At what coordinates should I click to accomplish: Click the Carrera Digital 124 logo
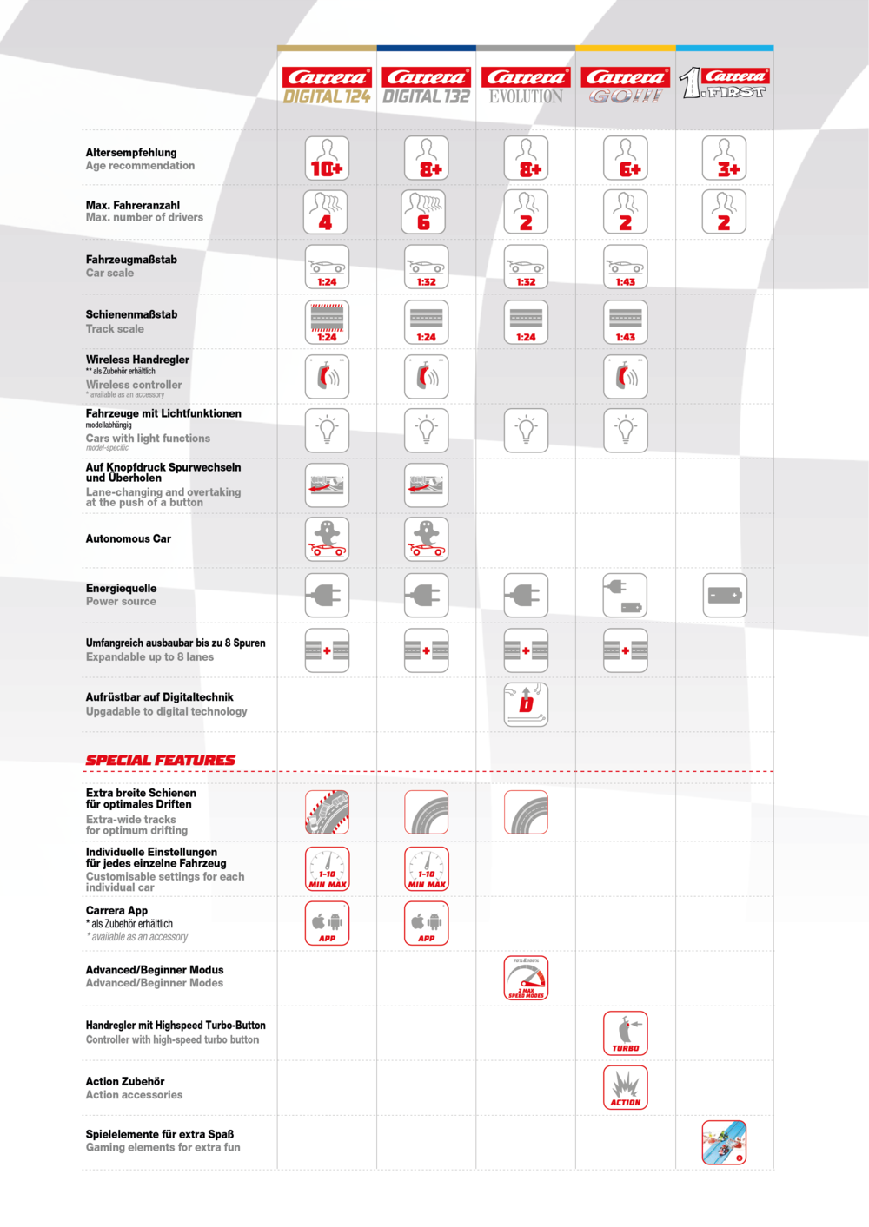pos(327,86)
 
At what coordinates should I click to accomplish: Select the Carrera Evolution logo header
pos(526,86)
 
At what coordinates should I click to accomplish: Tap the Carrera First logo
pos(724,83)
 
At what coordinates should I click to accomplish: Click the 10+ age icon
pos(327,158)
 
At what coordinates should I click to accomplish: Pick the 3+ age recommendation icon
pos(724,158)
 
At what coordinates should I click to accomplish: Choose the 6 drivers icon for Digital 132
pos(427,213)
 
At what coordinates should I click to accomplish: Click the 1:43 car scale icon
pos(626,267)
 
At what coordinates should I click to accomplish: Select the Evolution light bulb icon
pos(526,431)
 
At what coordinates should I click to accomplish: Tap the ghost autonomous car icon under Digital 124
pos(327,539)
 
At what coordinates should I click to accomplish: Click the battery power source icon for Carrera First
pos(724,596)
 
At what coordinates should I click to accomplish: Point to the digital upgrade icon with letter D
pos(526,704)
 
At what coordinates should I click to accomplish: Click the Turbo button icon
pos(626,1033)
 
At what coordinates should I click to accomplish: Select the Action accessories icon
pos(626,1088)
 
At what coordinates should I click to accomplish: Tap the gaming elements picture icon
pos(724,1143)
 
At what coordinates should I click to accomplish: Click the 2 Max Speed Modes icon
pos(526,978)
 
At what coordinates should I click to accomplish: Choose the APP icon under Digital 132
pos(427,923)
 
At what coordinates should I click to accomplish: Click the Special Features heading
pos(160,761)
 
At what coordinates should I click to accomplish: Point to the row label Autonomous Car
pos(129,539)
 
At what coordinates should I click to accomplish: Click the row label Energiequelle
pos(122,589)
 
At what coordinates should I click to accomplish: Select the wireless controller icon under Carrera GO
pos(626,377)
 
